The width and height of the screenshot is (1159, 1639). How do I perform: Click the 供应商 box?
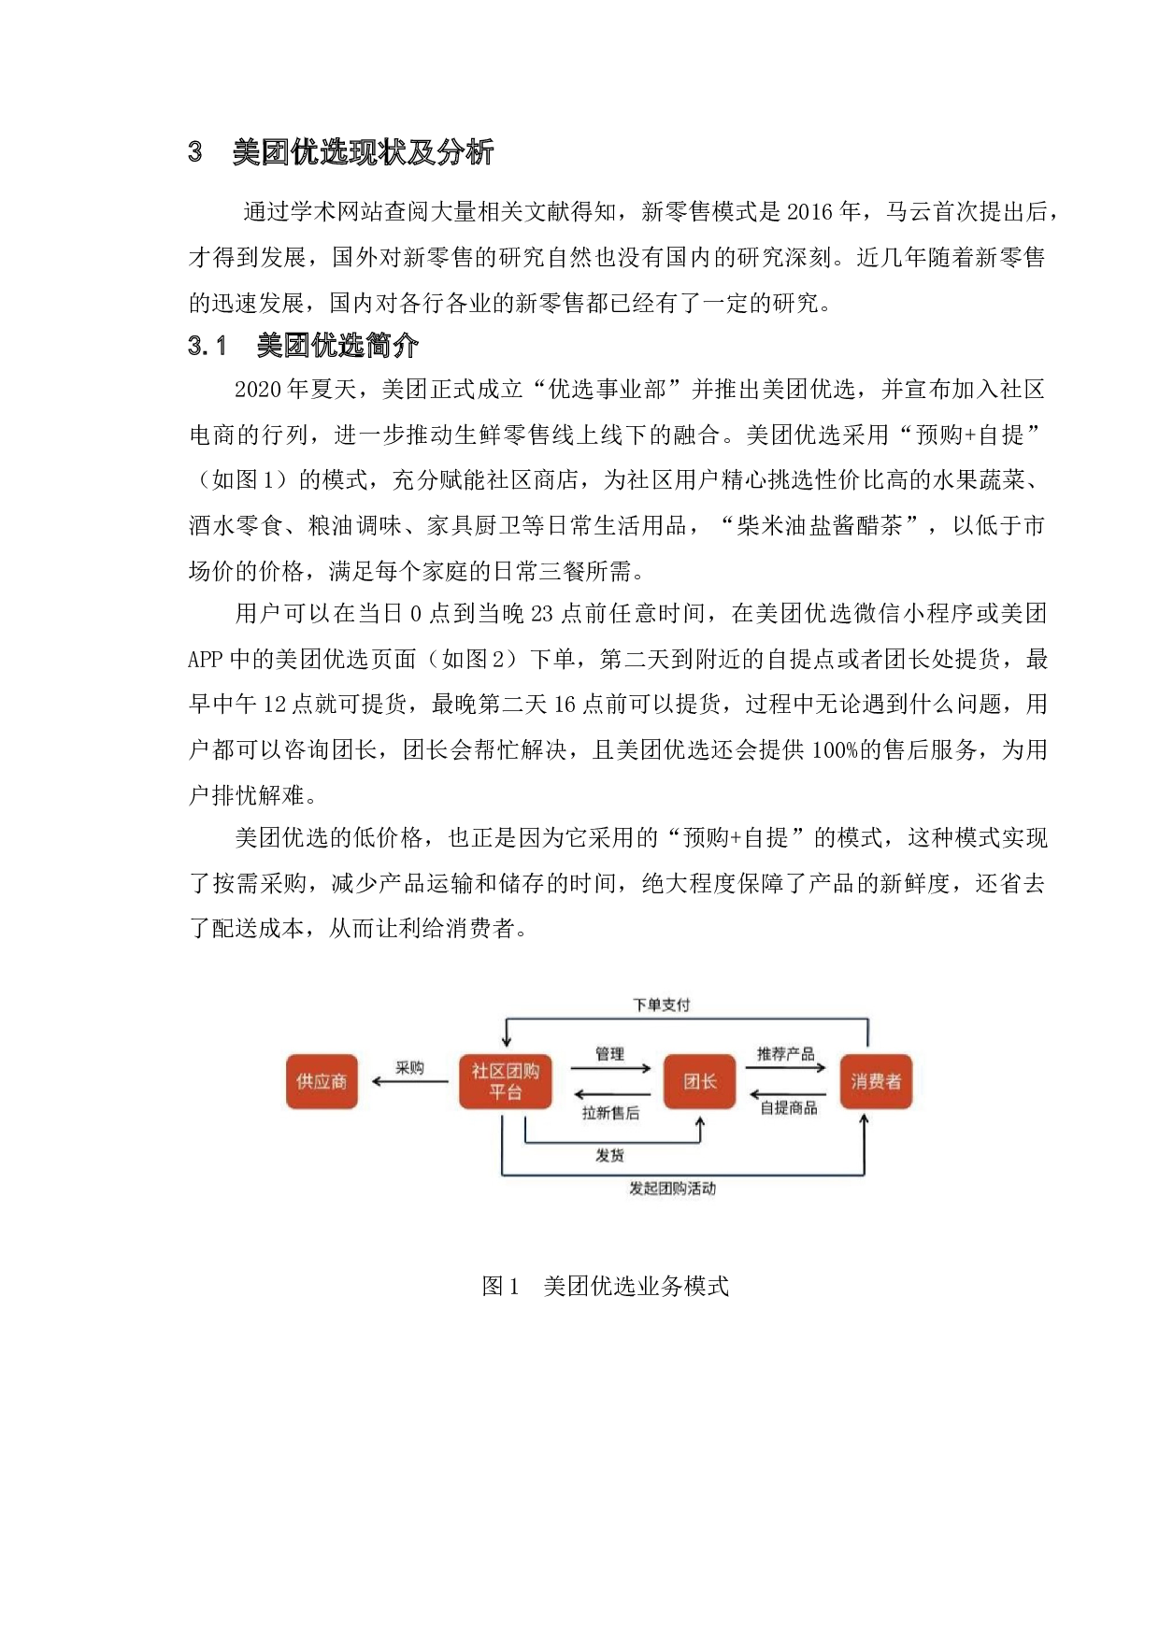coord(322,1081)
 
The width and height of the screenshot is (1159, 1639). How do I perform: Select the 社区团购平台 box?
coord(505,1081)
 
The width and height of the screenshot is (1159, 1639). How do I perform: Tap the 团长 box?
coord(699,1081)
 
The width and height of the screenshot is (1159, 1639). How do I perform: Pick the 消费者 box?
coord(876,1081)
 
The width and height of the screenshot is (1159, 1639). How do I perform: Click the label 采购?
coord(409,1067)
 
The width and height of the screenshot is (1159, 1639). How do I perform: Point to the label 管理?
coord(609,1053)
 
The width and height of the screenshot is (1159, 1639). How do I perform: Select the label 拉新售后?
coord(610,1112)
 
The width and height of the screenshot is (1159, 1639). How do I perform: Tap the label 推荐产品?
coord(785,1053)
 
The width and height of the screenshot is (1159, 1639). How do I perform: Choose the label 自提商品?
coord(788,1107)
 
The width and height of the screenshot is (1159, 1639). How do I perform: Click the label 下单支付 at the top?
coord(661,1005)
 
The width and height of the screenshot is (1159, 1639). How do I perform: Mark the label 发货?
coord(609,1155)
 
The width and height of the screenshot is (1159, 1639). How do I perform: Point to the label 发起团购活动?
coord(672,1189)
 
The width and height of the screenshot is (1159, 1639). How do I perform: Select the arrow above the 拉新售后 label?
coord(612,1094)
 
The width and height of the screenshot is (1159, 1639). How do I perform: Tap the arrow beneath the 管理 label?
coord(610,1068)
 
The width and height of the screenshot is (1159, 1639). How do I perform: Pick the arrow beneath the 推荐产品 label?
coord(785,1067)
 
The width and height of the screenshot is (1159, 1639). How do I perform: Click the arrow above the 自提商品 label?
coord(788,1094)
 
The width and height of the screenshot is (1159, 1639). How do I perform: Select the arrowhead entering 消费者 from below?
coord(864,1119)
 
